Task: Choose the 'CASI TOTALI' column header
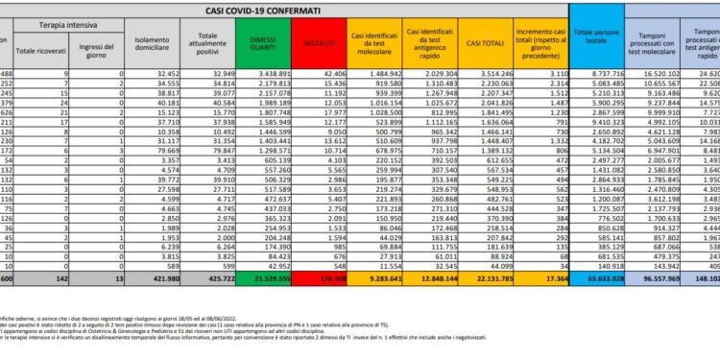point(487,44)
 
